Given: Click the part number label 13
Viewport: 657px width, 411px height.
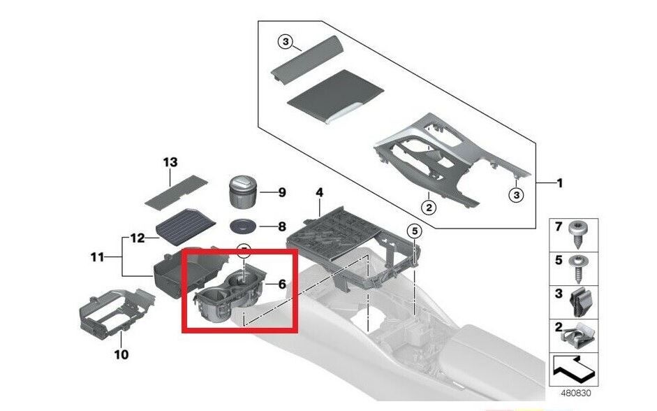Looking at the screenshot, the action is click(x=170, y=162).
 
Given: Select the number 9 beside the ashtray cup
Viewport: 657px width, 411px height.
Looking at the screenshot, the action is click(x=282, y=192).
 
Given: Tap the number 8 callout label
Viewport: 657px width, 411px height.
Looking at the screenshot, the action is click(x=282, y=227).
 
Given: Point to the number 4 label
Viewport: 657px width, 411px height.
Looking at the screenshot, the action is click(x=319, y=193).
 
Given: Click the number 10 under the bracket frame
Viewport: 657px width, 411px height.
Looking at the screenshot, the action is click(x=121, y=355).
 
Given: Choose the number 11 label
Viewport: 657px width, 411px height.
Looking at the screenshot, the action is click(x=97, y=257).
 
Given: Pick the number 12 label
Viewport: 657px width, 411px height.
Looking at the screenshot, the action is click(x=138, y=238).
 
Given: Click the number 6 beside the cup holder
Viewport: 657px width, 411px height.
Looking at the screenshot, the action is click(x=282, y=284).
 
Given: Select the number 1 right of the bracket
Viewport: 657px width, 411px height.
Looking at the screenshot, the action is click(x=559, y=183).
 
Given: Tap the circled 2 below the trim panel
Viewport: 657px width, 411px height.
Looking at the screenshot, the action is click(x=429, y=207).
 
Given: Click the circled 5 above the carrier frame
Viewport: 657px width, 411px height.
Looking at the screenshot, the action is click(x=415, y=231).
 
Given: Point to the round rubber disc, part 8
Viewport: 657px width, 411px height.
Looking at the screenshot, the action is click(x=242, y=226).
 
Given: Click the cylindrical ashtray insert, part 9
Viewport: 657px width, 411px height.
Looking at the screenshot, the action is click(x=242, y=192).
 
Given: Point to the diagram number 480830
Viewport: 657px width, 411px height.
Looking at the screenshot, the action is click(x=576, y=394).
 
